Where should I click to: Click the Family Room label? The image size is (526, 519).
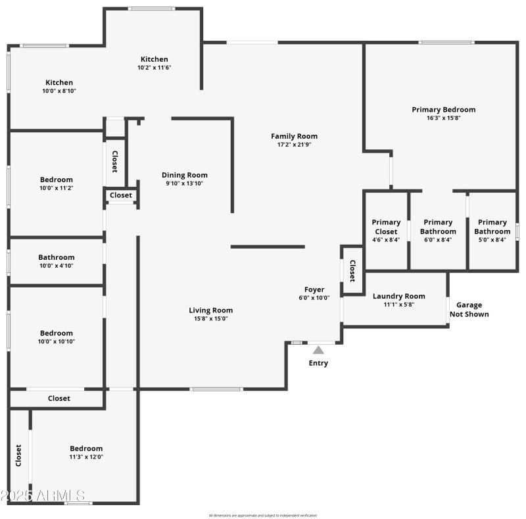pos(294,136)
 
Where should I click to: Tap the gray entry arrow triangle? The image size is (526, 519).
pos(318,350)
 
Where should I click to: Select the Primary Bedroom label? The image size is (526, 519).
pos(443,109)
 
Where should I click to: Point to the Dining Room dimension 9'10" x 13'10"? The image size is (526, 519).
pos(184,184)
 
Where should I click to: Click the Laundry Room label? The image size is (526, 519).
pos(398,296)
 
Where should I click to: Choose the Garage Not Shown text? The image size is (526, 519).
pos(469,309)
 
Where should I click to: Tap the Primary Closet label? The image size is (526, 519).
pos(385,227)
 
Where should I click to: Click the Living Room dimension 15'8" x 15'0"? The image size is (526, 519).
pos(210,319)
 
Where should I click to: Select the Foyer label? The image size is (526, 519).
pos(314,289)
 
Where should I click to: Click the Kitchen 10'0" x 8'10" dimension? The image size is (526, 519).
pos(59,91)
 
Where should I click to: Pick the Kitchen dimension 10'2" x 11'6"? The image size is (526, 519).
pos(154,68)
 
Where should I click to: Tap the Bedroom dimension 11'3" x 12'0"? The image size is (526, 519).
pos(86,457)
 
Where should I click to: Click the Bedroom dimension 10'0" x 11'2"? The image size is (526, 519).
pos(56,188)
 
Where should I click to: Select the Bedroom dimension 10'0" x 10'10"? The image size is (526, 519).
pos(56,341)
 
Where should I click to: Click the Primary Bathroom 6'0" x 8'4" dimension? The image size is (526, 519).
pos(438,240)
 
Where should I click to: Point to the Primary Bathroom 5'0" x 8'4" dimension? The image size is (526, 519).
pos(492,240)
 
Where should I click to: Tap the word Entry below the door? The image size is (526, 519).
pos(318,363)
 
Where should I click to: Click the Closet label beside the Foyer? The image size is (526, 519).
pos(352,270)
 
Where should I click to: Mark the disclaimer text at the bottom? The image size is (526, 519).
pos(262,515)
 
